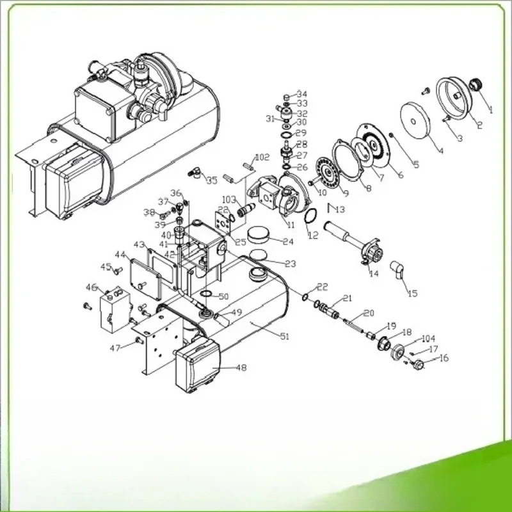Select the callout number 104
point(428,339)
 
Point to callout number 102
point(262,157)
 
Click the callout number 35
point(212,180)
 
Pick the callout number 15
point(412,293)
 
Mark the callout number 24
point(289,241)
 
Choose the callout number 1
point(491,109)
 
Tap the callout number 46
point(91,287)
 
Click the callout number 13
point(339,209)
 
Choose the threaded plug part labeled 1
point(476,85)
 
